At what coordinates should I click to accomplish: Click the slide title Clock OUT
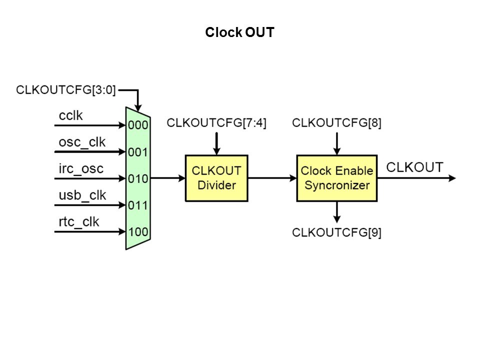point(239,33)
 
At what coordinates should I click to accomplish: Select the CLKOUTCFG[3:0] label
point(66,90)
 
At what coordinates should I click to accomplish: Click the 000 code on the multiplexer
point(138,125)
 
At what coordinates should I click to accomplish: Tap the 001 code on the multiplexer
point(138,152)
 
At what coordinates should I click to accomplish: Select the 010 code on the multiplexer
point(138,178)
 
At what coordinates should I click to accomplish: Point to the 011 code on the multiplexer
point(138,205)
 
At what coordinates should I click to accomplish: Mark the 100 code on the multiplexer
point(138,231)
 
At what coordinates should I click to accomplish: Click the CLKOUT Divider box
point(216,178)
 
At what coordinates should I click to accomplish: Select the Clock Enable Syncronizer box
point(336,178)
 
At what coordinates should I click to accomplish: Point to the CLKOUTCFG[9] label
point(336,232)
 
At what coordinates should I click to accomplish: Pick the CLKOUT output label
point(415,167)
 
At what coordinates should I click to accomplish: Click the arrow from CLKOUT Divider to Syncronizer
point(272,178)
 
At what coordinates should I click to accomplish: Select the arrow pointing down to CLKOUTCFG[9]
point(337,212)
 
